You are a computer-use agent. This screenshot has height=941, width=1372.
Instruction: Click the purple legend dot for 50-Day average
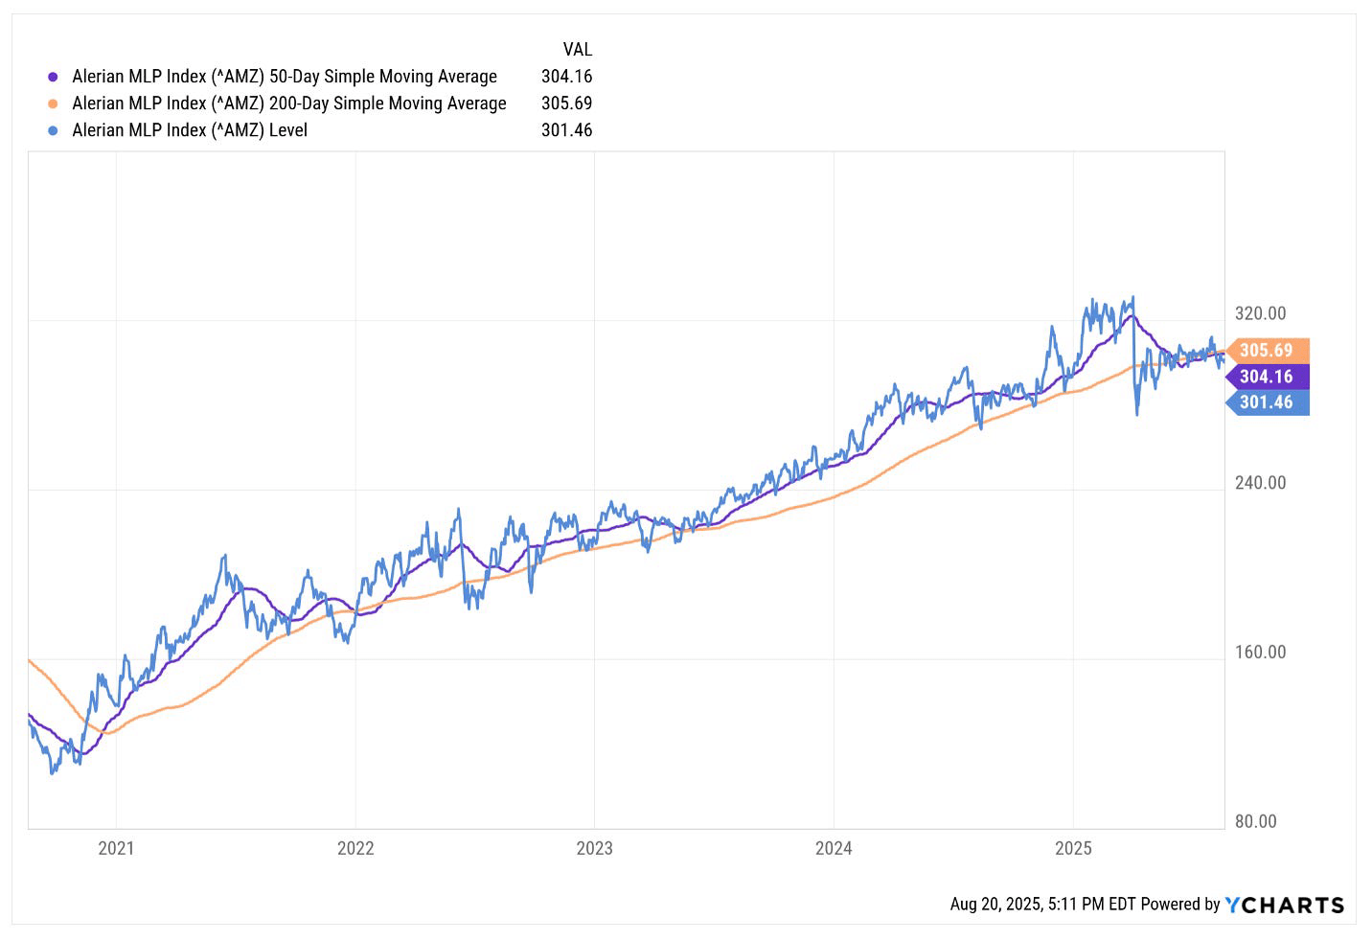point(53,77)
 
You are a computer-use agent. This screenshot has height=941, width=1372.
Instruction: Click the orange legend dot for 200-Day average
point(53,103)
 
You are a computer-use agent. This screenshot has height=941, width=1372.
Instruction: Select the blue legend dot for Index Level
point(53,130)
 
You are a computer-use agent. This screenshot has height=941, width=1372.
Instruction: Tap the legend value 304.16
point(566,77)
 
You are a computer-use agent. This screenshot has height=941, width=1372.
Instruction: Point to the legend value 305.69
point(566,103)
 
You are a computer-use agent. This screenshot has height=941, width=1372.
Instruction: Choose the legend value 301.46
point(566,130)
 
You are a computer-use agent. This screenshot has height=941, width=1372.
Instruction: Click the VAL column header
point(577,50)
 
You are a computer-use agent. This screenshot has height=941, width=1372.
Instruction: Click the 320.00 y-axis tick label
point(1260,313)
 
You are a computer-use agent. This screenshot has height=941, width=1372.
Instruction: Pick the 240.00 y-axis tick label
point(1260,483)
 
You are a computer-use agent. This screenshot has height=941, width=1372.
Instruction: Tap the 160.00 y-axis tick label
point(1260,653)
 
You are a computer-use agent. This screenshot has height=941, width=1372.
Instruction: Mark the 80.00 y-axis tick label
point(1255,821)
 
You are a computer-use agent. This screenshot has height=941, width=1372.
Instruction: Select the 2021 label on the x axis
point(116,848)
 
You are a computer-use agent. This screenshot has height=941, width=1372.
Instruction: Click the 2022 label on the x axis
point(355,848)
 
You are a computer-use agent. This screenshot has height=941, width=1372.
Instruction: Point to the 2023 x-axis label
point(594,848)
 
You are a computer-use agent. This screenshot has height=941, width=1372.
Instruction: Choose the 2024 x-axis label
point(834,848)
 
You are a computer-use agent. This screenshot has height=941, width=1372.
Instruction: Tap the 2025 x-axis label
point(1073,848)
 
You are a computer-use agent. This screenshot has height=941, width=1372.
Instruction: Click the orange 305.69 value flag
point(1267,351)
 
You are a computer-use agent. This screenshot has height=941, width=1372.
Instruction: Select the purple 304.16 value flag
point(1267,377)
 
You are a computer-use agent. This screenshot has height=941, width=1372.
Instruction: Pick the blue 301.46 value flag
point(1267,402)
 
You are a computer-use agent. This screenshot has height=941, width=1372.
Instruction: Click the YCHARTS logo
point(1285,905)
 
